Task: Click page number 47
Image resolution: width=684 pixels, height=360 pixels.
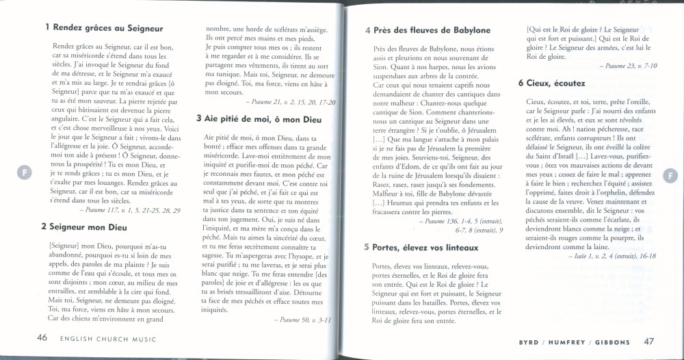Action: tap(649, 340)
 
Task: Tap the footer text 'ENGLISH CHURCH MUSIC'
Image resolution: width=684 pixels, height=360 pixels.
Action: tap(107, 339)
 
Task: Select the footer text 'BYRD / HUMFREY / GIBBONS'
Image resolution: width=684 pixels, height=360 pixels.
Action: tap(574, 341)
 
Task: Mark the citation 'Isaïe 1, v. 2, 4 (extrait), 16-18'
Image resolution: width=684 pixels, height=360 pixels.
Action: tap(611, 255)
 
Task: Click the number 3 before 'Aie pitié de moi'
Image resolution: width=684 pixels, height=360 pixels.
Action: tap(198, 118)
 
